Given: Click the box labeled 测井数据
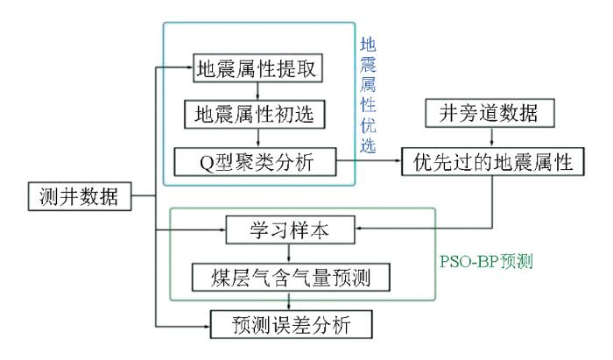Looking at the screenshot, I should coord(80,195).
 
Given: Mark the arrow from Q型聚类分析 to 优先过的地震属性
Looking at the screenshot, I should coord(368,161).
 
